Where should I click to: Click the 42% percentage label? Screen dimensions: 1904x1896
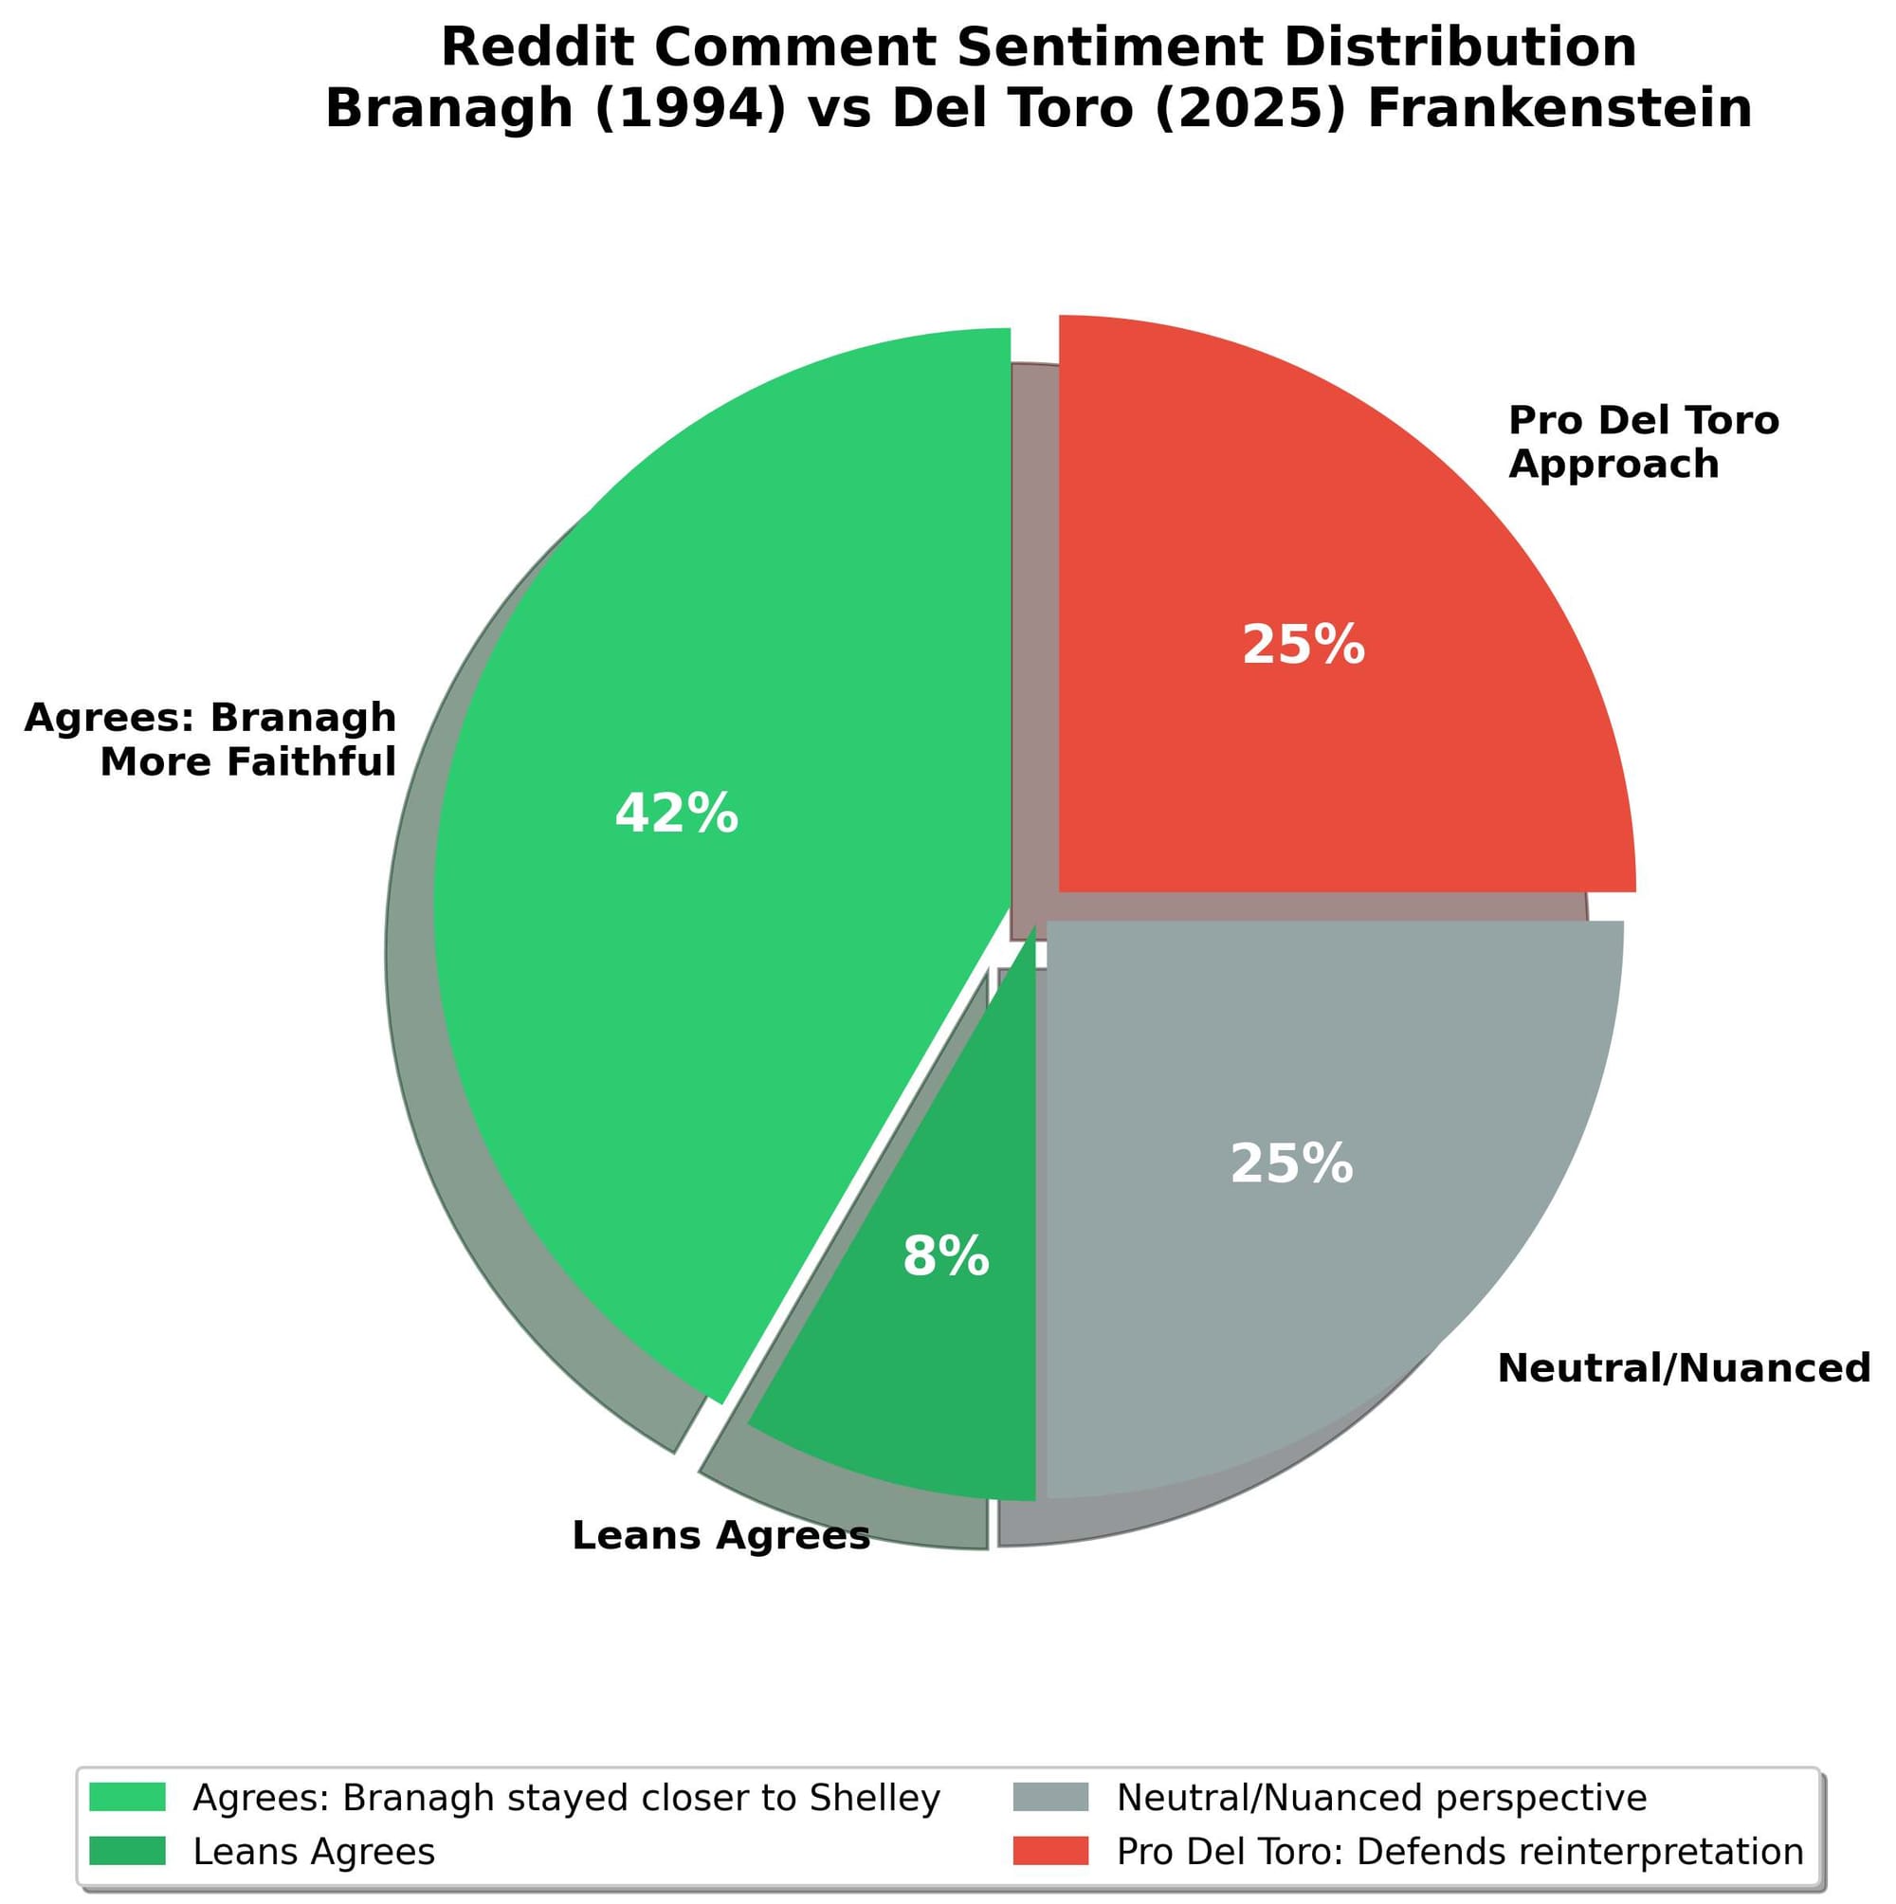click(x=676, y=814)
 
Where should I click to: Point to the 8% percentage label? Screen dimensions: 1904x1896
click(x=945, y=1256)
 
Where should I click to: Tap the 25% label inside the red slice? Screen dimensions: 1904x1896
click(x=1303, y=646)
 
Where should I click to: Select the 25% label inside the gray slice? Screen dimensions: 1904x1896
click(x=1291, y=1163)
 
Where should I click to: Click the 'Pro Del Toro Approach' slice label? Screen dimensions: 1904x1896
click(x=1643, y=443)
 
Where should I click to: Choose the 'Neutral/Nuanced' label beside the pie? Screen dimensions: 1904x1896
click(x=1683, y=1368)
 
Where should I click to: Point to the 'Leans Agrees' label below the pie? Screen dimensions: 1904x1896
click(x=720, y=1535)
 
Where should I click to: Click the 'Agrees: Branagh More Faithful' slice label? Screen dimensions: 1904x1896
click(x=210, y=740)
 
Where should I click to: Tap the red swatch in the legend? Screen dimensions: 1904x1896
click(x=1050, y=1851)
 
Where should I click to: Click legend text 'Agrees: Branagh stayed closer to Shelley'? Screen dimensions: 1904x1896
click(x=566, y=1799)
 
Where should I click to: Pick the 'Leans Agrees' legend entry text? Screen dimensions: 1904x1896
click(x=314, y=1852)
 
